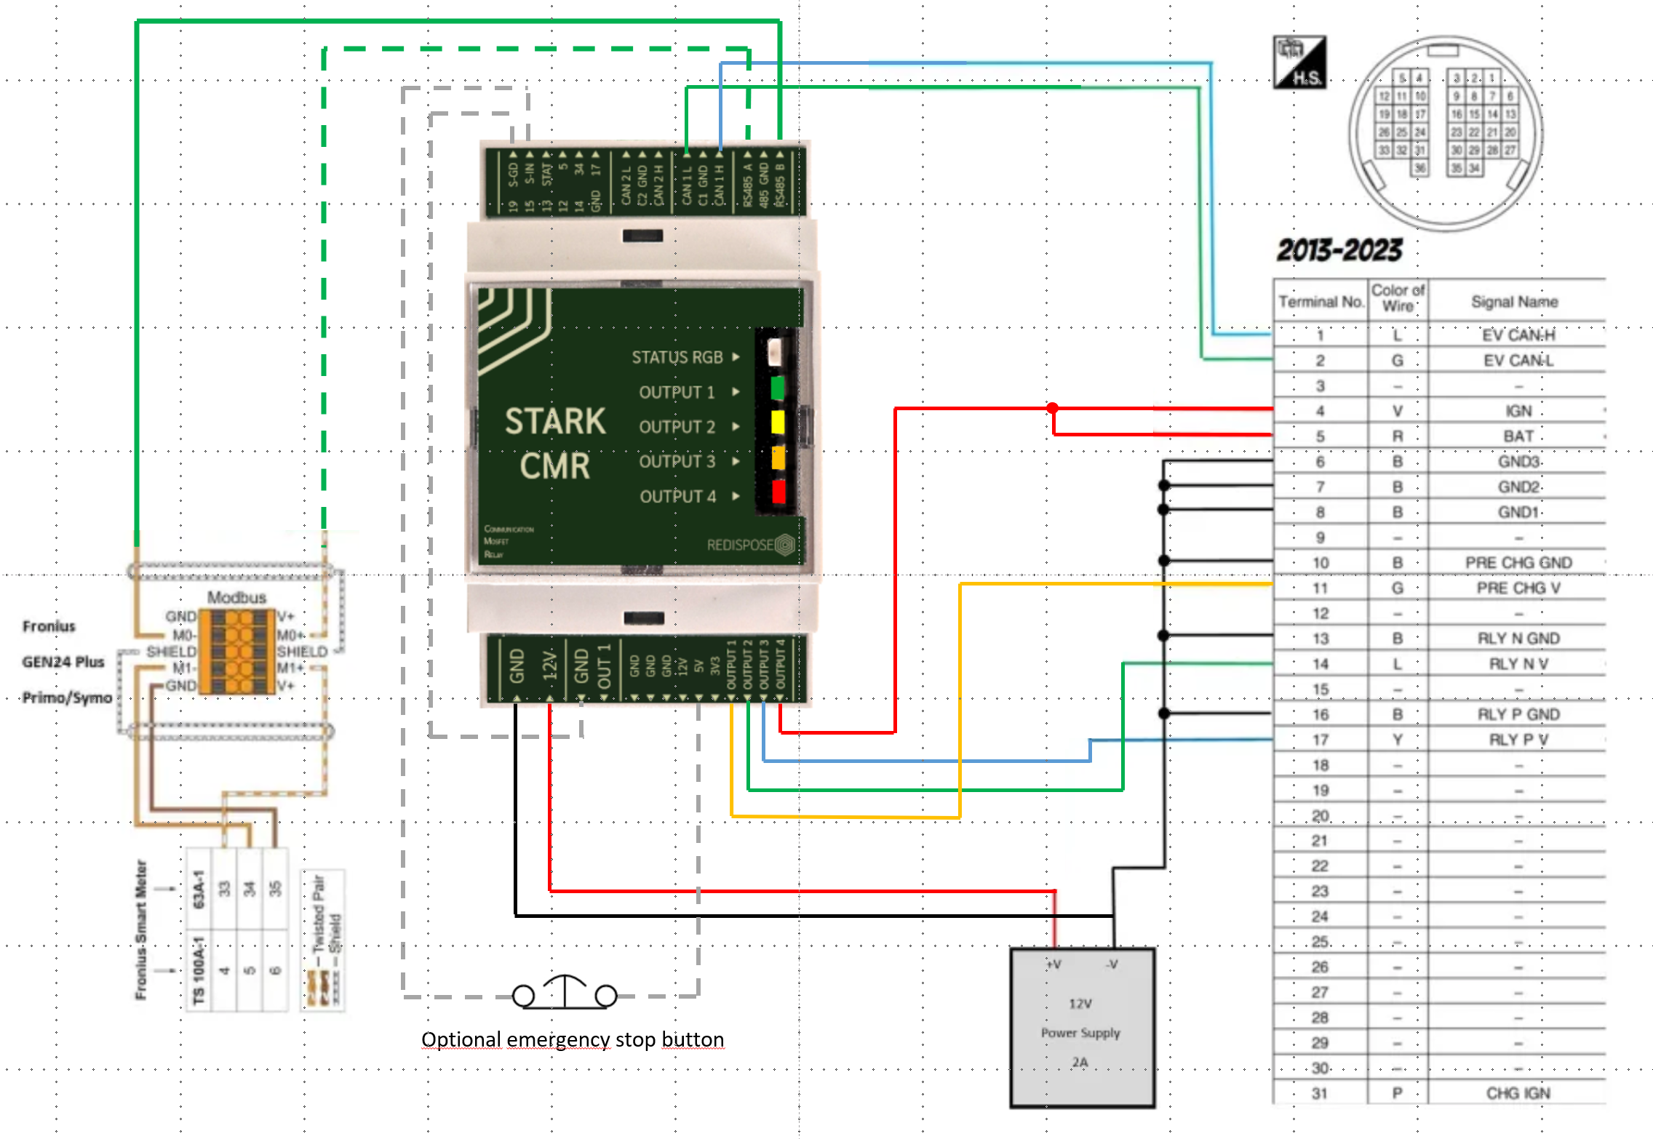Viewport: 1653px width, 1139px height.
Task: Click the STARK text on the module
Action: pyautogui.click(x=555, y=421)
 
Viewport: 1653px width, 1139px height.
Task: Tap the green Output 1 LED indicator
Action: pyautogui.click(x=777, y=388)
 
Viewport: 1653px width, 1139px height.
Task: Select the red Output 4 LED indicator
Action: pyautogui.click(x=778, y=492)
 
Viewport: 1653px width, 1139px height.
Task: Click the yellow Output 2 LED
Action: pyautogui.click(x=777, y=422)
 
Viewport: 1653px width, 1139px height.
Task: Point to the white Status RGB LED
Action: pyautogui.click(x=775, y=351)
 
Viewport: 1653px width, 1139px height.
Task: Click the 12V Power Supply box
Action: pyautogui.click(x=1082, y=1027)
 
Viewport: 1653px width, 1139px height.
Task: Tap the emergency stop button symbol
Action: pyautogui.click(x=565, y=992)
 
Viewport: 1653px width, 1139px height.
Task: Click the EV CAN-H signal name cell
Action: pyautogui.click(x=1518, y=335)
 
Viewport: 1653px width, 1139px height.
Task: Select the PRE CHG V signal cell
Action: pyautogui.click(x=1518, y=588)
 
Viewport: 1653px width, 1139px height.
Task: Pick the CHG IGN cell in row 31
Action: pyautogui.click(x=1518, y=1093)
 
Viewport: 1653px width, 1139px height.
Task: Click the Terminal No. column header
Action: pyautogui.click(x=1321, y=301)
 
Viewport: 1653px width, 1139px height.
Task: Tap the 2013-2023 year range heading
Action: pyautogui.click(x=1339, y=250)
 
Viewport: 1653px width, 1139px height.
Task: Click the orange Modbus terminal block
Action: pyautogui.click(x=237, y=652)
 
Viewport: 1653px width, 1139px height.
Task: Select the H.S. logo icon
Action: pyautogui.click(x=1299, y=63)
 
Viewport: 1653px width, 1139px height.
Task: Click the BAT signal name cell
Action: pyautogui.click(x=1518, y=436)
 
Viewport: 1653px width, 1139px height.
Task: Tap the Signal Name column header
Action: pyautogui.click(x=1514, y=301)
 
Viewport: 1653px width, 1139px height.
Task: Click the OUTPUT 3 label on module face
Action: pyautogui.click(x=677, y=461)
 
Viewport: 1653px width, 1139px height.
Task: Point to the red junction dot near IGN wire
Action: pyautogui.click(x=1052, y=407)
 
